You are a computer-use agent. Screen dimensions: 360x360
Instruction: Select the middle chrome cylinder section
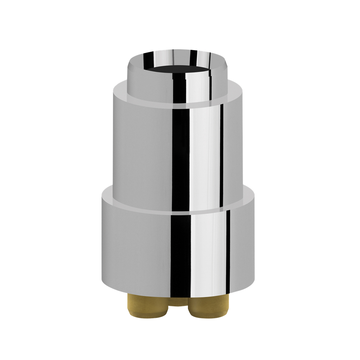pos(144,151)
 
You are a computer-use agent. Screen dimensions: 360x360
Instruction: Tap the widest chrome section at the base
pos(137,252)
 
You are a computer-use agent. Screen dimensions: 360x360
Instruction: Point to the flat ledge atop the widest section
pos(108,198)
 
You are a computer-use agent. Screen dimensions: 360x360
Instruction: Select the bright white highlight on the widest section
pos(205,252)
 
